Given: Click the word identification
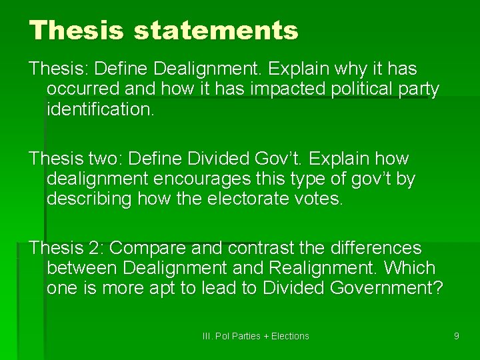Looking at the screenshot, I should point(100,109).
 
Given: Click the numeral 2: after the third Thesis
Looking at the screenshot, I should point(93,249).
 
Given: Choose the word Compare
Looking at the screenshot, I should point(148,249).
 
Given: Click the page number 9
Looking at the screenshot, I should point(456,336).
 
